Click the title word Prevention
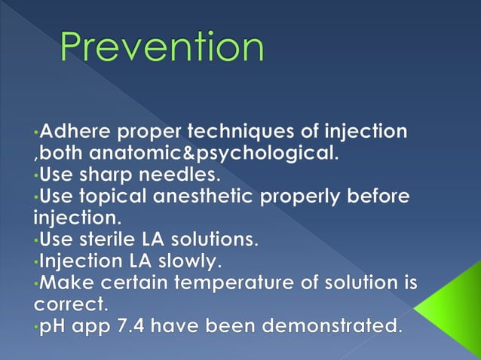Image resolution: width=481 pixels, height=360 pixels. coord(162,47)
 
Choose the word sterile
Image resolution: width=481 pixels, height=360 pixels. coord(112,241)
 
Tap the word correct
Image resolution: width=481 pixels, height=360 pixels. coord(69,306)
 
